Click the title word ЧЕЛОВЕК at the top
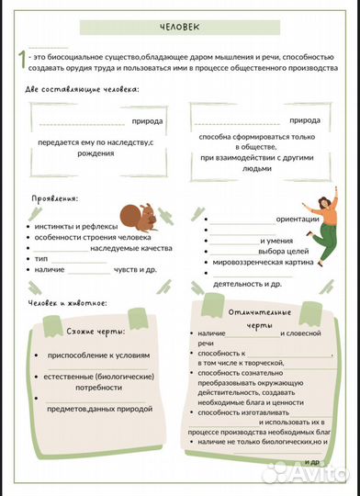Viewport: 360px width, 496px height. click(x=178, y=28)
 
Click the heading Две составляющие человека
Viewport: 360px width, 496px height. click(x=83, y=90)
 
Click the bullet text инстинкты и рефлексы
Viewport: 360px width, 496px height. click(x=71, y=223)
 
